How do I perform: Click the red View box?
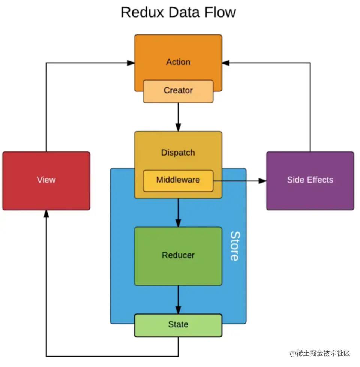[46, 180]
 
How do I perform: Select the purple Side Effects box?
[310, 180]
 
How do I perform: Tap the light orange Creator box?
[178, 91]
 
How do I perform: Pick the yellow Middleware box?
[178, 180]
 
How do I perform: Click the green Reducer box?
[178, 256]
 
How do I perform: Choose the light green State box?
[178, 325]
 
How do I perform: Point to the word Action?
[178, 62]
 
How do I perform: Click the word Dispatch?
[178, 153]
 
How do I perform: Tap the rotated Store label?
[234, 246]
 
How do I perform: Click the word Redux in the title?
[142, 12]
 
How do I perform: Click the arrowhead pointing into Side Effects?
[262, 181]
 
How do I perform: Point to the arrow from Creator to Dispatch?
[178, 116]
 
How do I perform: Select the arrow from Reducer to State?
[178, 300]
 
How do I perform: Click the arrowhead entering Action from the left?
[130, 63]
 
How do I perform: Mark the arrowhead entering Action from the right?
[226, 63]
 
